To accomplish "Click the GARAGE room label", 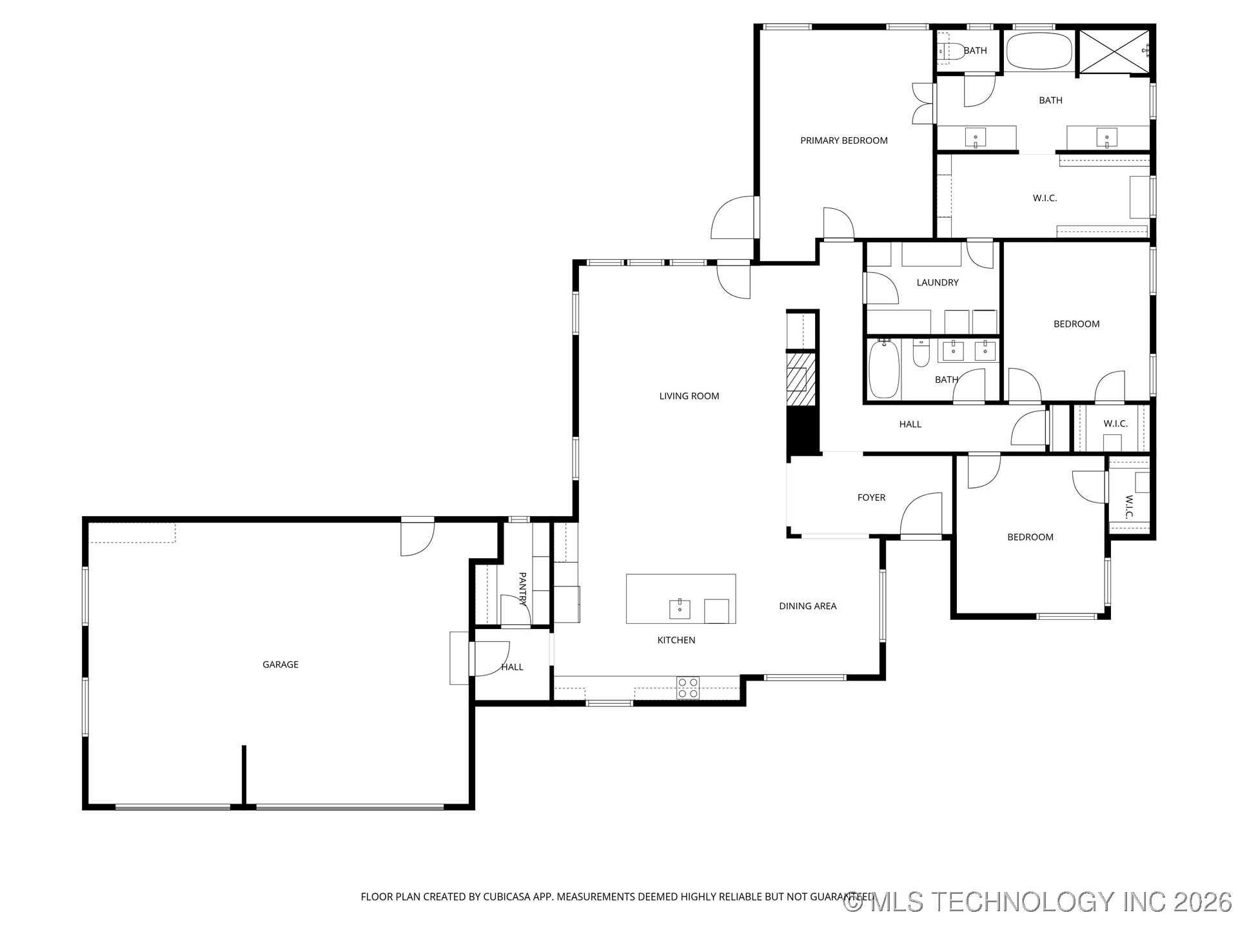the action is pyautogui.click(x=280, y=664).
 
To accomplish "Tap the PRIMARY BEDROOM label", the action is pyautogui.click(x=844, y=140).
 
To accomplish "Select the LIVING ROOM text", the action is pyautogui.click(x=689, y=396).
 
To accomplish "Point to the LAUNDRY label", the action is pyautogui.click(x=938, y=282).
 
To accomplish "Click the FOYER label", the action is pyautogui.click(x=871, y=498).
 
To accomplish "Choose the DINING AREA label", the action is pyautogui.click(x=808, y=606).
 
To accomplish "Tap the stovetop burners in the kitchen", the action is pyautogui.click(x=688, y=688).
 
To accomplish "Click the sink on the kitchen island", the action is pyautogui.click(x=680, y=608).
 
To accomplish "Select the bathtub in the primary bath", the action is pyautogui.click(x=1039, y=51).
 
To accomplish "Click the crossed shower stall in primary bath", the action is pyautogui.click(x=1114, y=51).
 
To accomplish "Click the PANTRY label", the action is pyautogui.click(x=522, y=589).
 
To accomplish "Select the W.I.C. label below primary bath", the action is pyautogui.click(x=1045, y=198).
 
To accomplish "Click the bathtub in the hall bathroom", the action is pyautogui.click(x=884, y=370).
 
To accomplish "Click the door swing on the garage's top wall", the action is pyautogui.click(x=417, y=538).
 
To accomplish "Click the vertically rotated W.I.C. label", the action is pyautogui.click(x=1128, y=507).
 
